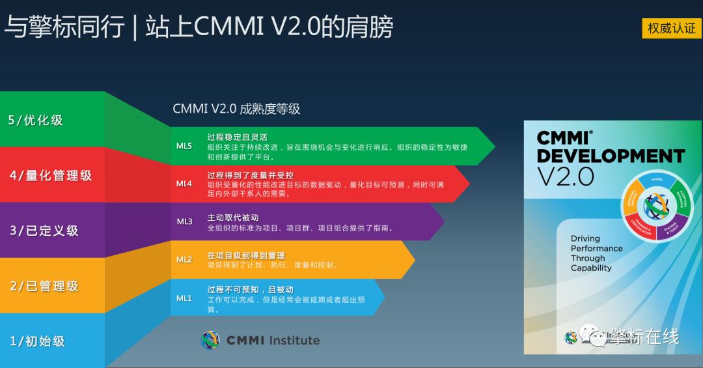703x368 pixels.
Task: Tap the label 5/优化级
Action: point(36,120)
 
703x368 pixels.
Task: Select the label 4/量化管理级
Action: point(51,175)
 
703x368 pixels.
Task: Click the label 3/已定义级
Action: point(44,231)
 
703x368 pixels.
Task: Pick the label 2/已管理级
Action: point(44,286)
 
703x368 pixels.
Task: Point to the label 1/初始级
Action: point(37,341)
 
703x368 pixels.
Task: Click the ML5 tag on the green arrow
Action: point(184,146)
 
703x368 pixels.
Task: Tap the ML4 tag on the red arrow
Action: point(184,184)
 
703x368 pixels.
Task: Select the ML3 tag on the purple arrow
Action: point(184,221)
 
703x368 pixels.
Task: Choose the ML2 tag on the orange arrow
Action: point(184,259)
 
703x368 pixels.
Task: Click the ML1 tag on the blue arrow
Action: point(184,298)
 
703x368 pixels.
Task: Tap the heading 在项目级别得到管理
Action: point(246,255)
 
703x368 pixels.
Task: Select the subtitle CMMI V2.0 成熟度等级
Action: point(236,109)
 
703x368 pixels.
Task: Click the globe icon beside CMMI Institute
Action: point(210,340)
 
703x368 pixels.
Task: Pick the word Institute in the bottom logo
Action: point(294,340)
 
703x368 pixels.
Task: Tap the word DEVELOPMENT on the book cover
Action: point(610,156)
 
